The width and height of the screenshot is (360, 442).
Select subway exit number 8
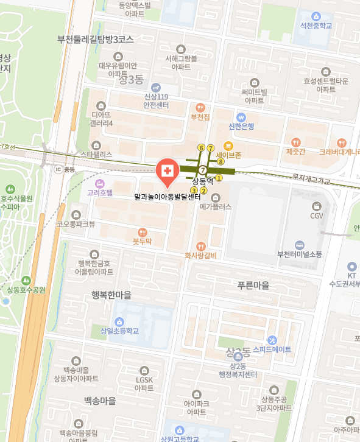(x=221, y=161)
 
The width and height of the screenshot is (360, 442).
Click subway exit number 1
(x=219, y=178)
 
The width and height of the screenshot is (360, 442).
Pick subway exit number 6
(x=201, y=148)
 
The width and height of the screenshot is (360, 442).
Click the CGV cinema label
(x=317, y=216)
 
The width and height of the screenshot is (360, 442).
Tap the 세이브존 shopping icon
(x=228, y=146)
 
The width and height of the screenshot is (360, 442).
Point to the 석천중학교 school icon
(x=316, y=16)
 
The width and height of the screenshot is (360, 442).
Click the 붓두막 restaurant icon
(x=142, y=231)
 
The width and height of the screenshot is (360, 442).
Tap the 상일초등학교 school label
(x=119, y=331)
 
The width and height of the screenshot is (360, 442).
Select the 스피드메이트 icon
(x=272, y=340)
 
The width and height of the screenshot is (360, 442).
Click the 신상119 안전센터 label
(x=156, y=100)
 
